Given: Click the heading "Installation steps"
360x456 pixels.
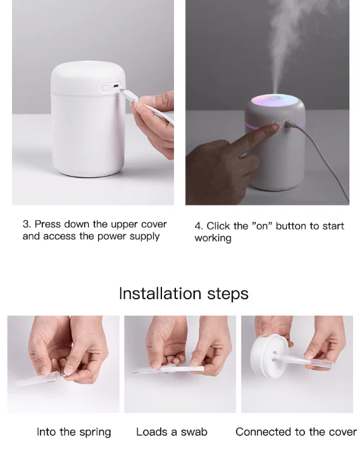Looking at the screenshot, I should [x=183, y=293].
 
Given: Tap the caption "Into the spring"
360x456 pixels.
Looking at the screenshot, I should [x=73, y=432].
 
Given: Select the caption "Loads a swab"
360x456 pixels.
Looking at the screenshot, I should [x=171, y=432].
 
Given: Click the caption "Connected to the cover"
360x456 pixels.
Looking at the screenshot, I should [x=296, y=432].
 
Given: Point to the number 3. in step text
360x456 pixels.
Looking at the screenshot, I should [x=27, y=224].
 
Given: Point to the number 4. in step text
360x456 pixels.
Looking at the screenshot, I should [x=199, y=226].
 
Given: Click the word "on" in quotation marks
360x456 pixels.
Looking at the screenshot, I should [x=261, y=226].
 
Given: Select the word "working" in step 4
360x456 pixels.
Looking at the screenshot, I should [x=213, y=238].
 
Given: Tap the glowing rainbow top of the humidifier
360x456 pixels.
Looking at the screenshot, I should [x=275, y=101].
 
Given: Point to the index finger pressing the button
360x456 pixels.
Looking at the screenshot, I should [x=266, y=130].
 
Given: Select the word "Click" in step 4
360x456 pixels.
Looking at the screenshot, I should [x=220, y=226].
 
